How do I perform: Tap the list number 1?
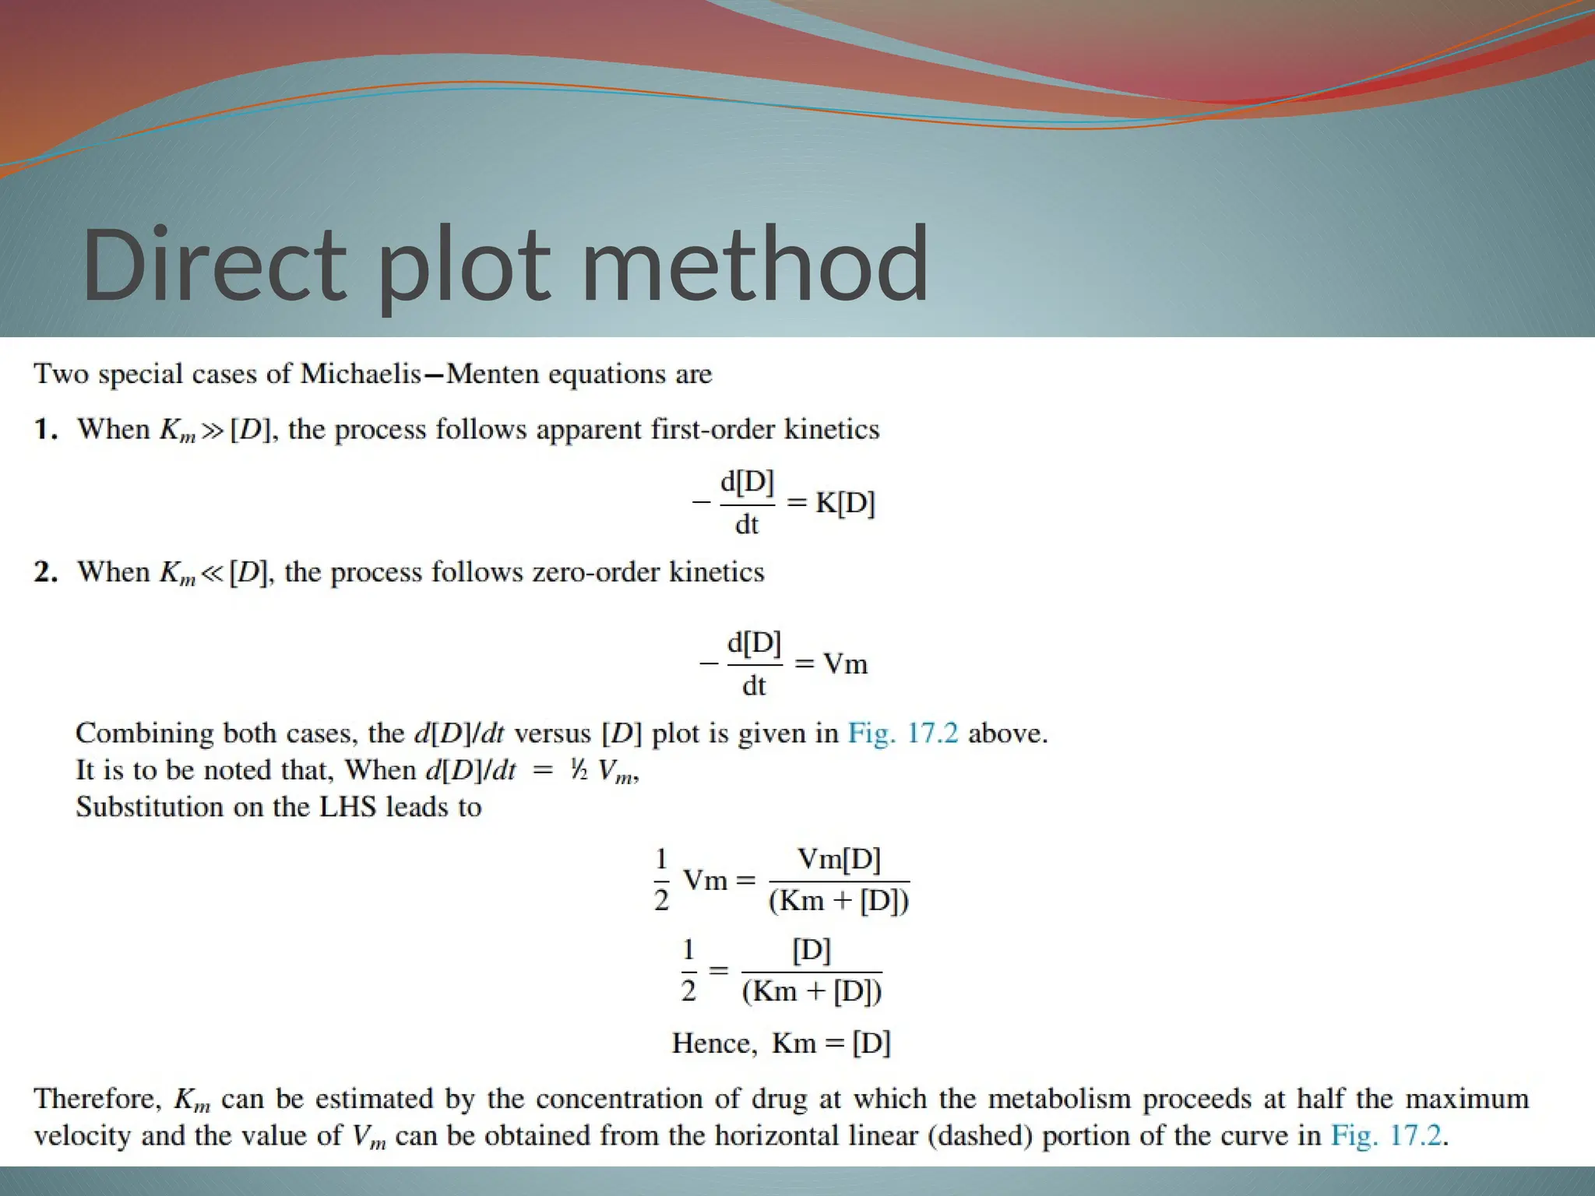pyautogui.click(x=45, y=429)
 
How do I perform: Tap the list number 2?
pyautogui.click(x=45, y=572)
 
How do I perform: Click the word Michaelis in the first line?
pyautogui.click(x=361, y=374)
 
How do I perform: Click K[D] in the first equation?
pyautogui.click(x=845, y=503)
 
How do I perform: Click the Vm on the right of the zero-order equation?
pyautogui.click(x=845, y=663)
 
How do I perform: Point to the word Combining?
pyautogui.click(x=145, y=733)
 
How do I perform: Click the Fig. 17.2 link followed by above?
pyautogui.click(x=903, y=733)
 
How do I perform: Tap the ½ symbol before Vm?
pyautogui.click(x=579, y=771)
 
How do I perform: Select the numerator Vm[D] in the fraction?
pyautogui.click(x=839, y=859)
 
